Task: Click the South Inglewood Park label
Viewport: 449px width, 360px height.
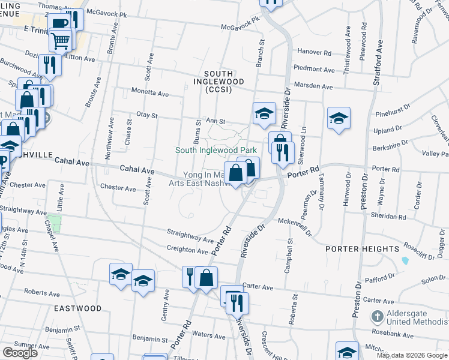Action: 216,150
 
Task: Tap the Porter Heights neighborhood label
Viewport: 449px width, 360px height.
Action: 362,248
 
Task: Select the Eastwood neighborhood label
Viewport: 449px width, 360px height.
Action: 77,308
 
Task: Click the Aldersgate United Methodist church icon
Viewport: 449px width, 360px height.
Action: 376,316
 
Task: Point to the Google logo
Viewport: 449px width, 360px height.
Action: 20,353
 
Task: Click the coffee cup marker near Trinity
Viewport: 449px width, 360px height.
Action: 61,25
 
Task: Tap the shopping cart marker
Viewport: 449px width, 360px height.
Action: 60,42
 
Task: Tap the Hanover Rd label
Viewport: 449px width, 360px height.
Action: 318,53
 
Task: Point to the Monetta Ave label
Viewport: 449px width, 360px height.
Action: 150,94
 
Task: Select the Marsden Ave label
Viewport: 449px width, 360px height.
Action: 317,87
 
